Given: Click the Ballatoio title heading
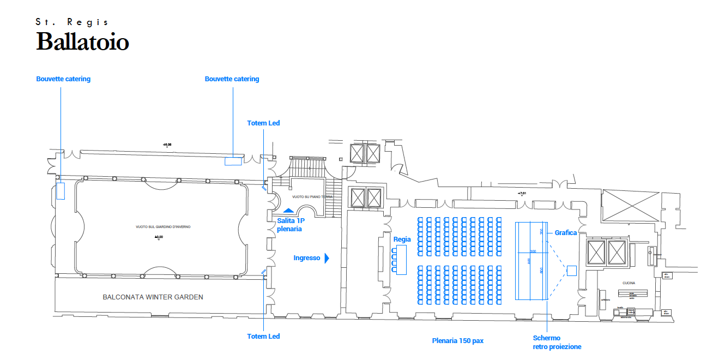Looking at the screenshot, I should pyautogui.click(x=82, y=42).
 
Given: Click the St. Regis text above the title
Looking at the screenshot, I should pyautogui.click(x=72, y=22).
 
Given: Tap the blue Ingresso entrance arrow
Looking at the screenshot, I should pyautogui.click(x=327, y=258).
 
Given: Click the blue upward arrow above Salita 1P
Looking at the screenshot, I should pyautogui.click(x=288, y=210).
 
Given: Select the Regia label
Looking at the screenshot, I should pyautogui.click(x=402, y=239).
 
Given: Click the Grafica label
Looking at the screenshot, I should pyautogui.click(x=565, y=233).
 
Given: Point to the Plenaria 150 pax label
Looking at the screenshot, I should pyautogui.click(x=457, y=341).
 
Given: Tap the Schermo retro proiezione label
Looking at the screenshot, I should pyautogui.click(x=557, y=343).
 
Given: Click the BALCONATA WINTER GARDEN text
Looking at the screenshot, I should pyautogui.click(x=153, y=297).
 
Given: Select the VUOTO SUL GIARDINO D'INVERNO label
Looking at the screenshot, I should pyautogui.click(x=159, y=227).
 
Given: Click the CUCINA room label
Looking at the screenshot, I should pyautogui.click(x=629, y=283).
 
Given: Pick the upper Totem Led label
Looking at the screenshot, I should pyautogui.click(x=263, y=123).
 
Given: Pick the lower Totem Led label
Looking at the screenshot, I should pyautogui.click(x=263, y=337).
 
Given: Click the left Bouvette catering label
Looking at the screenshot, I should pyautogui.click(x=63, y=79).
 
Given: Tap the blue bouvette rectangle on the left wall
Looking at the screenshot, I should pyautogui.click(x=61, y=191).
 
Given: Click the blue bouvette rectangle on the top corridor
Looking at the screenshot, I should pyautogui.click(x=233, y=161).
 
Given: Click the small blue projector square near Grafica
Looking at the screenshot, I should pyautogui.click(x=571, y=269).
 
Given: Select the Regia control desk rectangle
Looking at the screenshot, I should pyautogui.click(x=402, y=260).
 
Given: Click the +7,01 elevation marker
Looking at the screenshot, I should pyautogui.click(x=522, y=193).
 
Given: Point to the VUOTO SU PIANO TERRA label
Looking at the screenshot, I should pyautogui.click(x=312, y=196).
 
